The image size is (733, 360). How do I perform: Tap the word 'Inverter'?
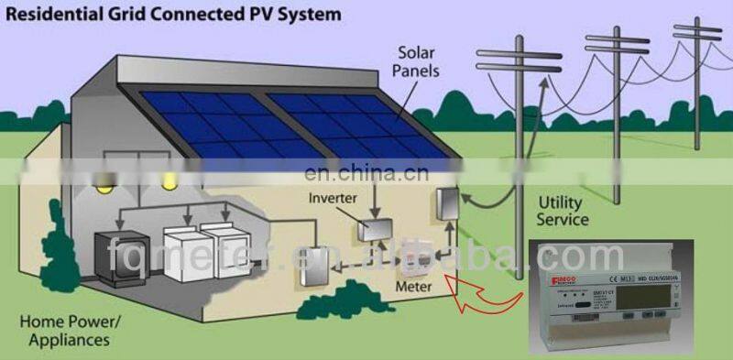tap(334, 196)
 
